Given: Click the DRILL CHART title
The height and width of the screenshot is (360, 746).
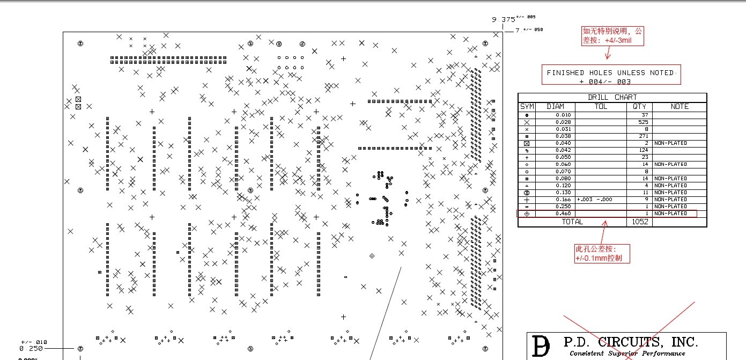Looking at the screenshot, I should [612, 97].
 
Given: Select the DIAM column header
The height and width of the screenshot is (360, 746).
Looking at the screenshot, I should [555, 106].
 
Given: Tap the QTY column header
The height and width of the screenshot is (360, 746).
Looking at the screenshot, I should [639, 106].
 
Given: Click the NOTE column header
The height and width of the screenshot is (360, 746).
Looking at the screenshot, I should [679, 106].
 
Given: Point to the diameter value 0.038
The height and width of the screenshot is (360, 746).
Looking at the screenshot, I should [564, 136].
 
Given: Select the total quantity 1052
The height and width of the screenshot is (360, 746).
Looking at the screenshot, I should [639, 222].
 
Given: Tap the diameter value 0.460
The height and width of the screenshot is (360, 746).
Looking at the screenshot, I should [564, 214].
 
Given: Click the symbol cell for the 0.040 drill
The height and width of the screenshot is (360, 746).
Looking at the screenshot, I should [527, 144].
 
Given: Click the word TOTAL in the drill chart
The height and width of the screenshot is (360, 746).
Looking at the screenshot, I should [572, 222].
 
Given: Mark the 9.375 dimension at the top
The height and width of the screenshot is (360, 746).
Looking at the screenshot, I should [504, 20].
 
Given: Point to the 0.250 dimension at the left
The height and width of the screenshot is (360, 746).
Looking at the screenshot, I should [31, 348].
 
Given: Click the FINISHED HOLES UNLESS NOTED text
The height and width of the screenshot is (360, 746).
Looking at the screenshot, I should [610, 72].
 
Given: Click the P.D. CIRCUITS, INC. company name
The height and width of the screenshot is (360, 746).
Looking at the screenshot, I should [630, 342].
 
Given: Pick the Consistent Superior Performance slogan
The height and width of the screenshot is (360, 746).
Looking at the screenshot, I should [627, 354].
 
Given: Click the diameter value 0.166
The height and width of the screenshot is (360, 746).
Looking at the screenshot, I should [564, 199].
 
